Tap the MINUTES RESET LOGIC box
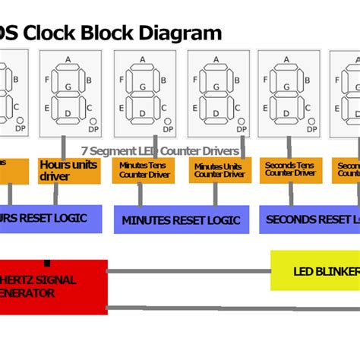(181, 219)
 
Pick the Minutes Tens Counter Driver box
(143, 171)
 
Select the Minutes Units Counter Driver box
(219, 171)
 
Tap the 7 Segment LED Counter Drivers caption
(160, 151)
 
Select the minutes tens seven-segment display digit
(143, 91)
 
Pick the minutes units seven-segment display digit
(217, 91)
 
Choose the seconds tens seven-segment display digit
(288, 91)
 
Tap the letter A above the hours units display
(68, 59)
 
